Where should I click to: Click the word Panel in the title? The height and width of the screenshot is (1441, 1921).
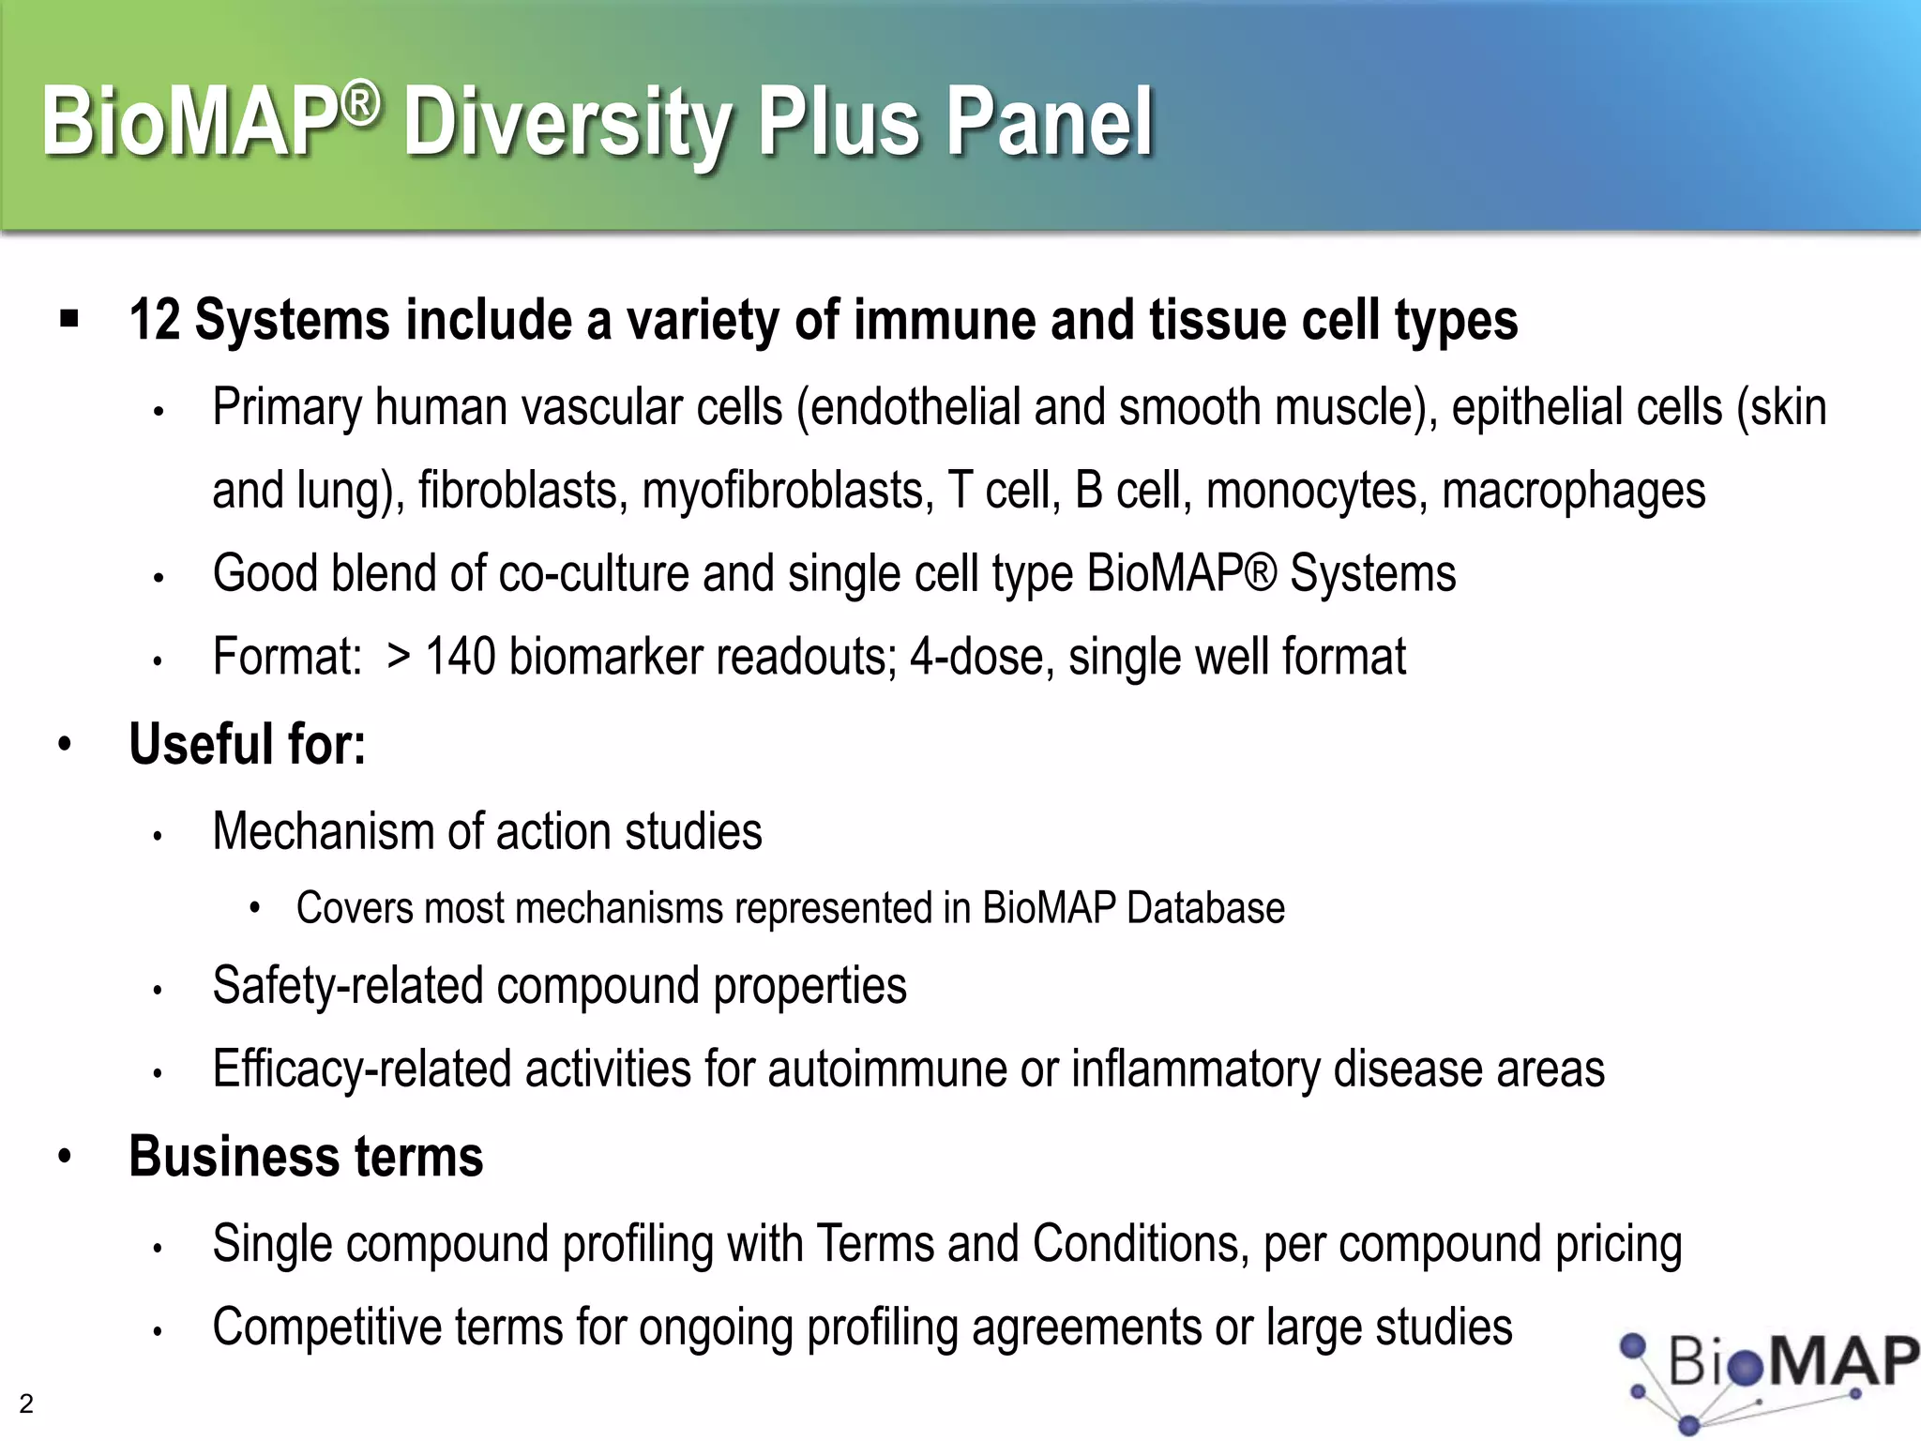point(1049,122)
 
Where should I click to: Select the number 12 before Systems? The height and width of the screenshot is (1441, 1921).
point(155,321)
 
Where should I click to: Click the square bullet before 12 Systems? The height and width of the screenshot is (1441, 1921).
point(68,319)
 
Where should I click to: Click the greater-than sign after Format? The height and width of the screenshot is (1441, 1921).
point(399,657)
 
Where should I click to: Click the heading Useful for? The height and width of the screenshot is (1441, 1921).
point(247,744)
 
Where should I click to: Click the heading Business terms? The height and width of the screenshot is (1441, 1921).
point(306,1157)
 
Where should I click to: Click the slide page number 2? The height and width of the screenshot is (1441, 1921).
point(26,1403)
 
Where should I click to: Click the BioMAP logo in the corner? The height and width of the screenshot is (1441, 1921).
point(1763,1374)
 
